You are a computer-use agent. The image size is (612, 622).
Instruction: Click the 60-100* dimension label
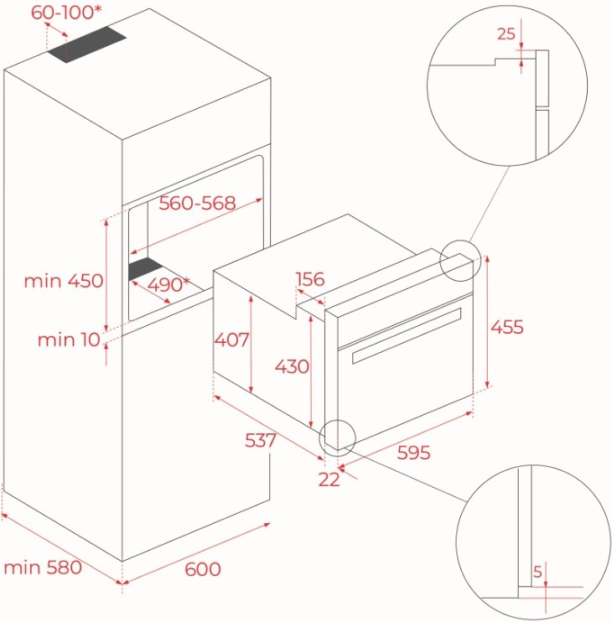tap(66, 13)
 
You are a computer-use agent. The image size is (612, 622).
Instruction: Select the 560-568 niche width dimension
tap(197, 203)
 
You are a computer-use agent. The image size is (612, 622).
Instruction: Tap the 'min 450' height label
tap(64, 281)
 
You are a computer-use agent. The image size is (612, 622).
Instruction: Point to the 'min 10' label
tap(69, 340)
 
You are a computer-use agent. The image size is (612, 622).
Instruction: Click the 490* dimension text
tap(169, 284)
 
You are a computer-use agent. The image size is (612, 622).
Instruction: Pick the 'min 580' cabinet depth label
tap(43, 568)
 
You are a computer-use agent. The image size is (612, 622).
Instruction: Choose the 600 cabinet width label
tap(203, 569)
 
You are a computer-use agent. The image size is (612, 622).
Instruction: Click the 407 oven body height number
tap(231, 340)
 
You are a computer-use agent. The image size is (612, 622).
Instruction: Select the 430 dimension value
tap(292, 366)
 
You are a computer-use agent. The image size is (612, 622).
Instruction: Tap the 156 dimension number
tap(310, 279)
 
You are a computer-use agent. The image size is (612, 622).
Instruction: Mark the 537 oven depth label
tap(260, 440)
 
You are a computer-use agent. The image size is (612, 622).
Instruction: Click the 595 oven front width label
tap(413, 452)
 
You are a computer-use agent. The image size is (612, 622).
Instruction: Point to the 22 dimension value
tap(329, 479)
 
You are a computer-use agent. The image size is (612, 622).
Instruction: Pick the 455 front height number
tap(507, 327)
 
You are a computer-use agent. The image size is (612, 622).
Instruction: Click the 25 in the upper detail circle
tap(506, 34)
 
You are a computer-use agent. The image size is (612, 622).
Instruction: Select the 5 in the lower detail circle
tap(537, 572)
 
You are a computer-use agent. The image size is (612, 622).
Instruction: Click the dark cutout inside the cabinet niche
tap(145, 268)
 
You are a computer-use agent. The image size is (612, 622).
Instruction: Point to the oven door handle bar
tap(407, 335)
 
